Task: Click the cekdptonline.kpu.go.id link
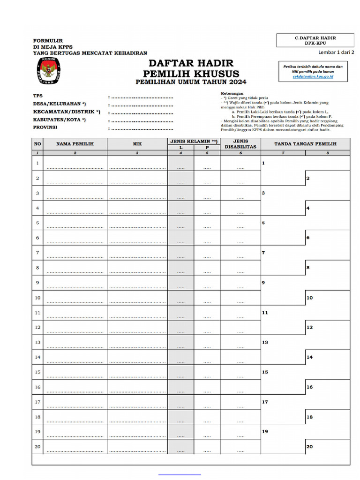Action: pyautogui.click(x=313, y=76)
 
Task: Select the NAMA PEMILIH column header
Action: pyautogui.click(x=75, y=144)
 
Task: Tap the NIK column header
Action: pyautogui.click(x=137, y=144)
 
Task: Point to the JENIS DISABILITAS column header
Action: pyautogui.click(x=240, y=144)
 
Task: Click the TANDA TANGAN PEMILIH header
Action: pyautogui.click(x=305, y=144)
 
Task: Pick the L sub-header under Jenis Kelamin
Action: pyautogui.click(x=181, y=148)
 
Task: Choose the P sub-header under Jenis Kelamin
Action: pyautogui.click(x=207, y=148)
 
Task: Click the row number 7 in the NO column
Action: pyautogui.click(x=37, y=253)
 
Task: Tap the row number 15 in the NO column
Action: pyautogui.click(x=37, y=373)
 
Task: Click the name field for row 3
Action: pyautogui.click(x=75, y=193)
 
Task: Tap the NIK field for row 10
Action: pyautogui.click(x=137, y=298)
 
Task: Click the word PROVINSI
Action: pyautogui.click(x=45, y=127)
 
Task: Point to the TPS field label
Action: pyautogui.click(x=37, y=96)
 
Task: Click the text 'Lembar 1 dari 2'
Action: pyautogui.click(x=336, y=52)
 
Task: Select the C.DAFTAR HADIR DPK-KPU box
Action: pyautogui.click(x=315, y=40)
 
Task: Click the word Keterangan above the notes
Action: pyautogui.click(x=232, y=93)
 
